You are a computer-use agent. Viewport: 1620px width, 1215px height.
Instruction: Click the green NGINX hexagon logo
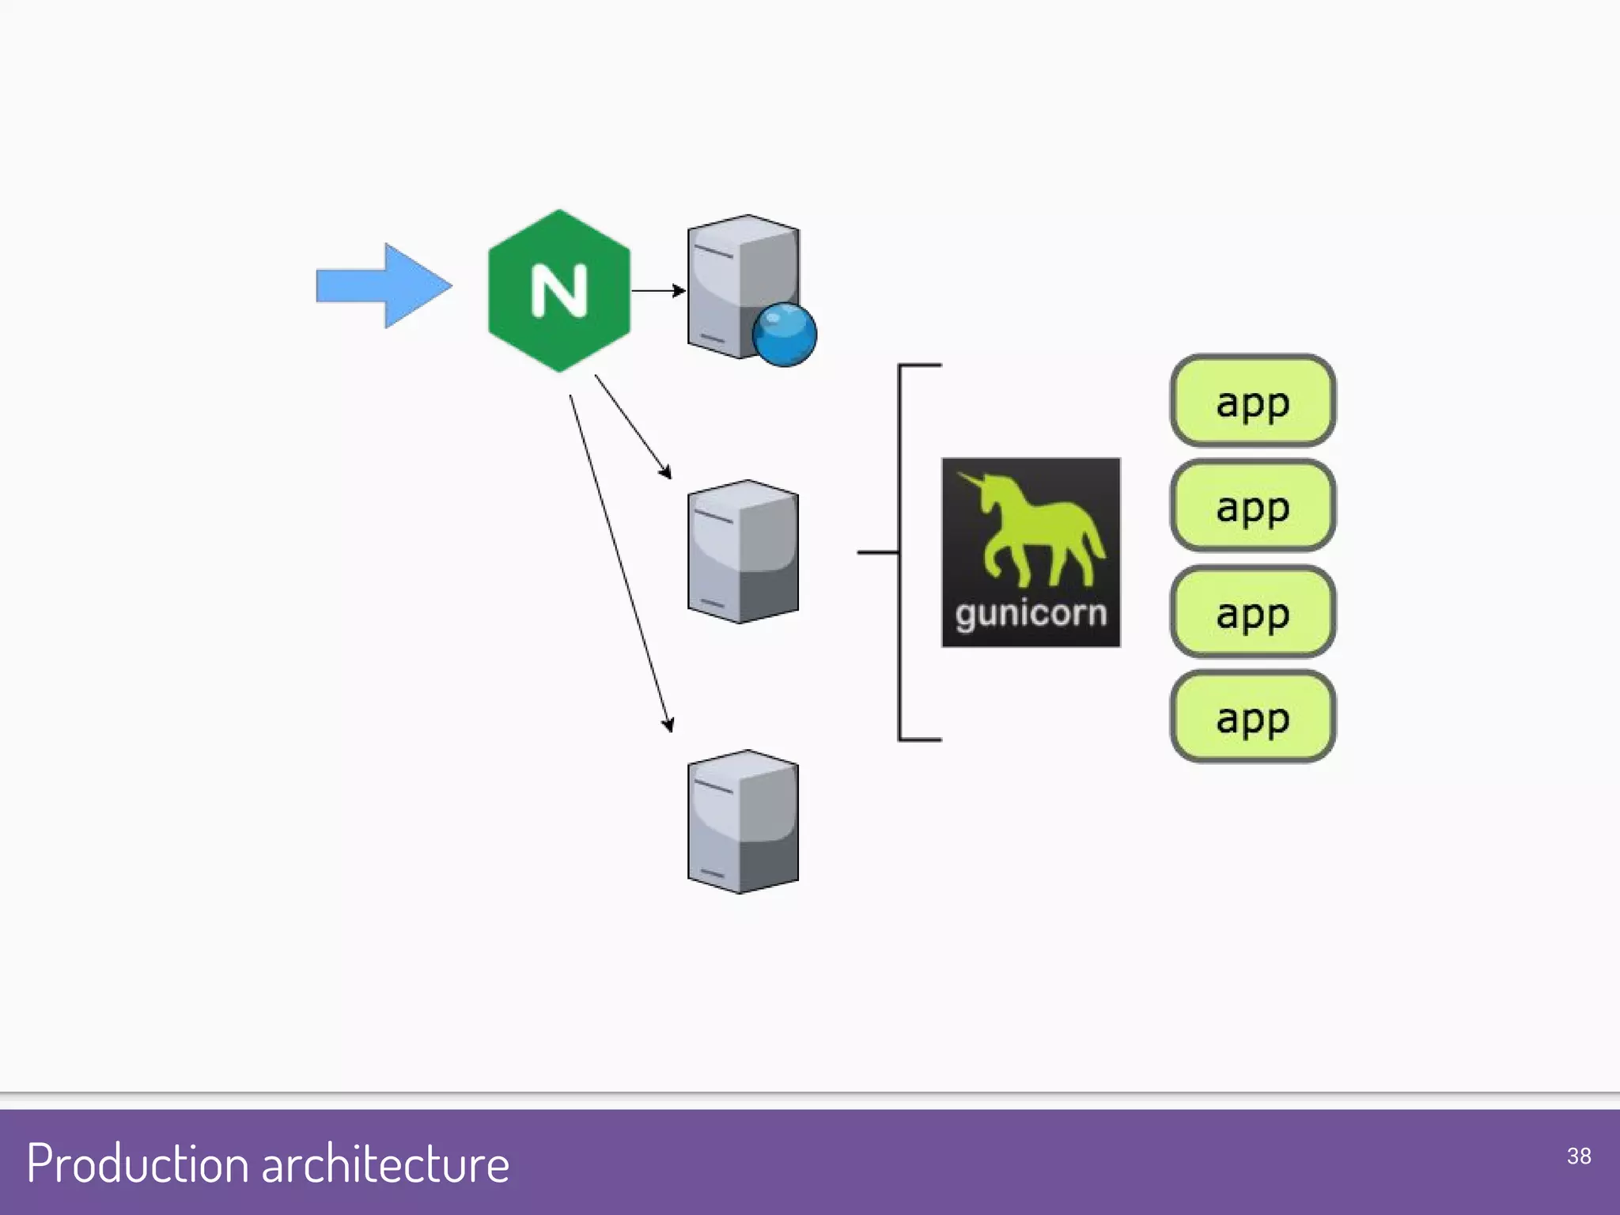[x=522, y=332]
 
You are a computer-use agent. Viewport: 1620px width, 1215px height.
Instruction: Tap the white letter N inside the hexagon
[x=559, y=290]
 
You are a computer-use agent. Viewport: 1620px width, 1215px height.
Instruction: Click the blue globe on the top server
[x=784, y=335]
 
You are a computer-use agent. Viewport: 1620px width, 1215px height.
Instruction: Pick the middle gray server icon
[x=743, y=551]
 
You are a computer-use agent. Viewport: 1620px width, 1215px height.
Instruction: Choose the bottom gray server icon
[x=743, y=822]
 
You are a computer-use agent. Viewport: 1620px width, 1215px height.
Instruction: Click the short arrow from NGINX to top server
[x=657, y=290]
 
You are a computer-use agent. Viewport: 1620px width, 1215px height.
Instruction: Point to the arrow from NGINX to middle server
[x=633, y=426]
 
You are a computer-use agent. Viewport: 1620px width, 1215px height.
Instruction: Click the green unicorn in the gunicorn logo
[x=1036, y=530]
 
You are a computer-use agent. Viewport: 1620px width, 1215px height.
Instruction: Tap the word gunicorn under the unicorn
[x=1031, y=614]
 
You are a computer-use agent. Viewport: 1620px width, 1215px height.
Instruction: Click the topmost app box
[x=1253, y=401]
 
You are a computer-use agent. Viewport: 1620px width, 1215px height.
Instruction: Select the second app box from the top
[x=1253, y=506]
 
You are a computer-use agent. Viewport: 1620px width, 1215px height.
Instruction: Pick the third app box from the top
[x=1253, y=611]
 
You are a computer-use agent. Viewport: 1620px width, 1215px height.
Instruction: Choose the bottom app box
[x=1253, y=717]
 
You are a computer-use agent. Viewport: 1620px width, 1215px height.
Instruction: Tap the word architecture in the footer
[x=385, y=1164]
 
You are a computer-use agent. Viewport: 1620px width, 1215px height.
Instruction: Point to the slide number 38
[x=1578, y=1156]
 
